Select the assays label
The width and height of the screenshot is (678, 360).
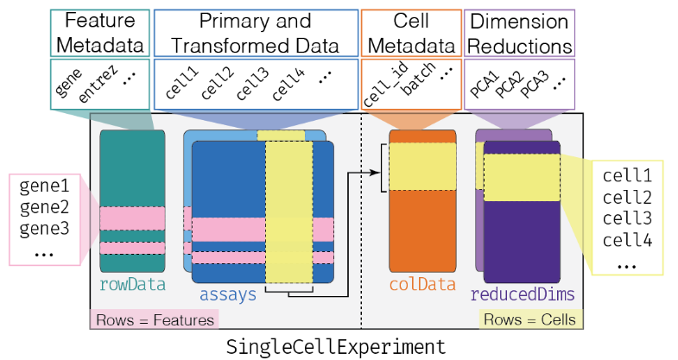(x=228, y=294)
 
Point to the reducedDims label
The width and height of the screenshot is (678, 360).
(x=523, y=294)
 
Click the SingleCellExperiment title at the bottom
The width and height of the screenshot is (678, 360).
(x=336, y=346)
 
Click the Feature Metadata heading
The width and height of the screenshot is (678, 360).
(x=99, y=33)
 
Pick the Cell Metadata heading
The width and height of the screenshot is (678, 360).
(x=410, y=33)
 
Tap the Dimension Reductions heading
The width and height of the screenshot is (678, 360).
(x=520, y=33)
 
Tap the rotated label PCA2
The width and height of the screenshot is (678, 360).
(x=510, y=85)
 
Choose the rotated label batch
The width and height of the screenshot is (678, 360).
(x=419, y=85)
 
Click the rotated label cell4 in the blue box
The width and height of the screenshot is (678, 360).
(x=288, y=85)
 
